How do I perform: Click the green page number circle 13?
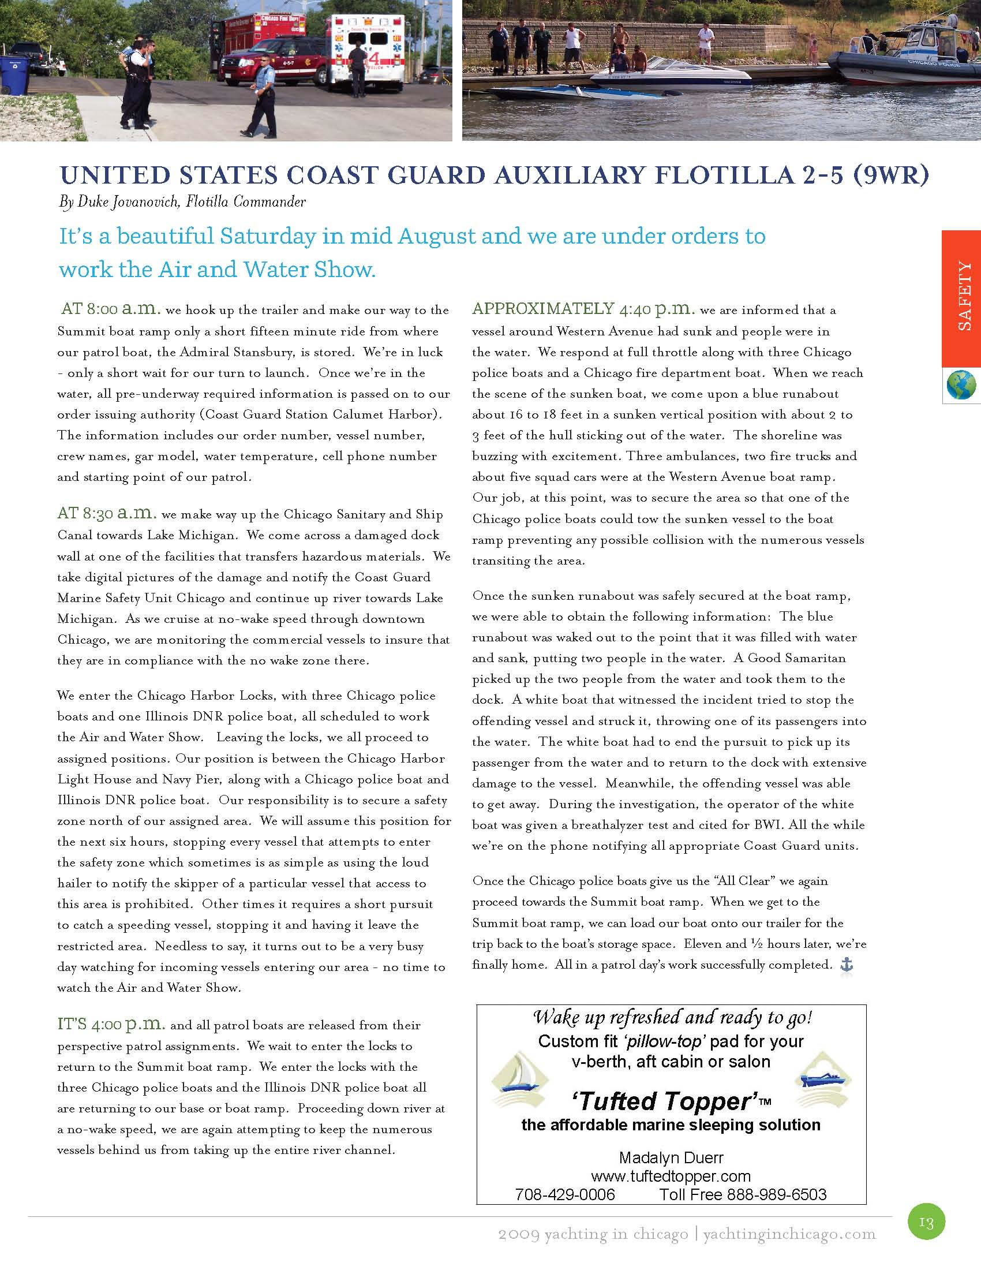(x=926, y=1222)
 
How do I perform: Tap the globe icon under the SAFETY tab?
(x=961, y=385)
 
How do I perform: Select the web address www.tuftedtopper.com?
(x=671, y=1176)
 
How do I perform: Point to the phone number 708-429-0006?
(x=565, y=1194)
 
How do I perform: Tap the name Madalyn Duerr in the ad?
(x=671, y=1157)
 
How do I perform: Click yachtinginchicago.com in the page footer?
(x=789, y=1234)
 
